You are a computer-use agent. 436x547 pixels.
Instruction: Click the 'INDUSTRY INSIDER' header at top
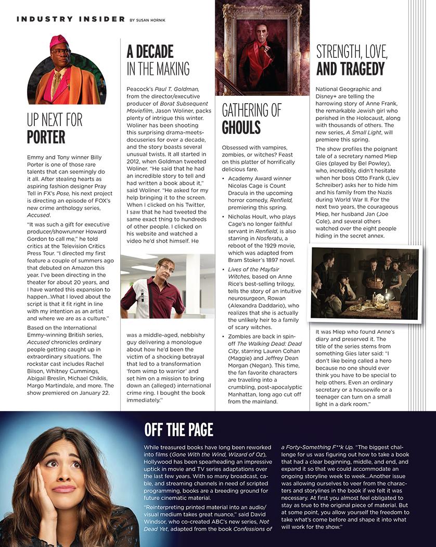(70, 19)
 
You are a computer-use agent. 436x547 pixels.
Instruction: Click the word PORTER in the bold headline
(46, 137)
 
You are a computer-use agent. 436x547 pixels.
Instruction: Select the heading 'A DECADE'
(150, 52)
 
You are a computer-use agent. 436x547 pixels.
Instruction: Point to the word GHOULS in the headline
(241, 128)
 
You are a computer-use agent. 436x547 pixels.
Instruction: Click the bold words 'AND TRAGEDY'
(351, 69)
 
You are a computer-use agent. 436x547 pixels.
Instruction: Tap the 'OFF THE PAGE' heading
(178, 429)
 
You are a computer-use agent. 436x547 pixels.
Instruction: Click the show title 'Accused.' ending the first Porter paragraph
(39, 214)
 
